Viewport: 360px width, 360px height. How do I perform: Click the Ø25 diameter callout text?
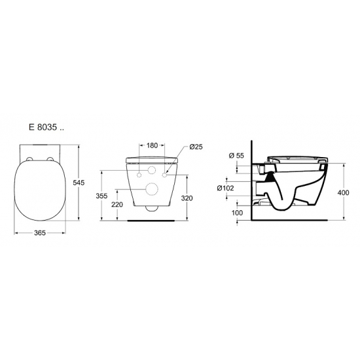click(196, 147)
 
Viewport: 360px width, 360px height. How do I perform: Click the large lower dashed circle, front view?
click(153, 190)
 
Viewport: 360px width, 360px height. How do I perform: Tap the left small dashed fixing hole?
click(139, 175)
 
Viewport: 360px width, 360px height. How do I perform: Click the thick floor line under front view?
click(153, 221)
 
